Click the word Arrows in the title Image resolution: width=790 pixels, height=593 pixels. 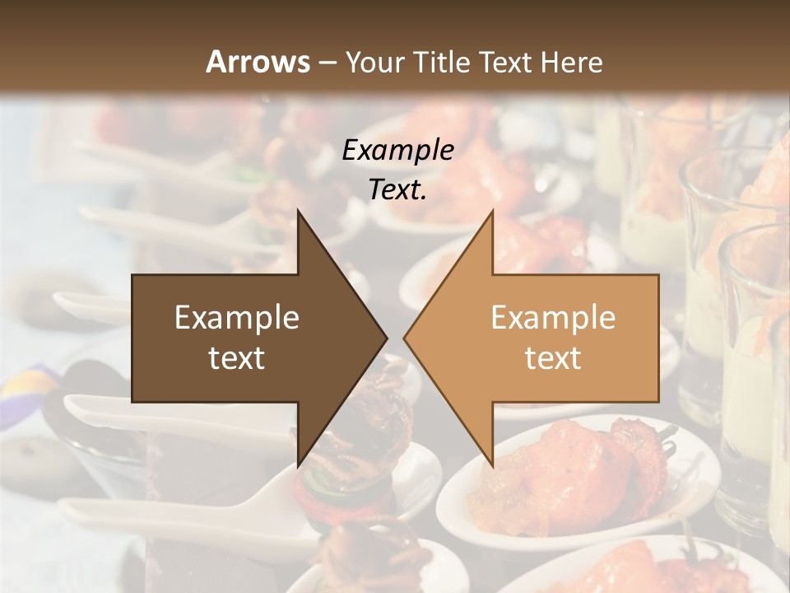pos(258,62)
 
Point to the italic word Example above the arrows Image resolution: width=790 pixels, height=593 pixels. pos(397,151)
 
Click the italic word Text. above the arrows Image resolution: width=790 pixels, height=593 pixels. pos(397,190)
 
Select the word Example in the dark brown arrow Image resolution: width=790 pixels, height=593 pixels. pos(237,318)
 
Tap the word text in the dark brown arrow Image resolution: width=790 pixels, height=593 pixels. pos(237,358)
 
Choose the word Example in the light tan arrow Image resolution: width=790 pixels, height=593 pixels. pos(553,318)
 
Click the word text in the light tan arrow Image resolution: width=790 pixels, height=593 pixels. pos(553,358)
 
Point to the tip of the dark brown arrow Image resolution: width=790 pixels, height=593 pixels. pos(386,339)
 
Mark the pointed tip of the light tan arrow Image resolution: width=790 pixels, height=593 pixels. pos(405,339)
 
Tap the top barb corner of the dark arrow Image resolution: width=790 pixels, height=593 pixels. pos(298,212)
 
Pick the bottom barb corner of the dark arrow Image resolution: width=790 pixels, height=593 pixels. pos(298,465)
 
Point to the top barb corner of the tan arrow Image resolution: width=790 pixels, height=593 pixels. pos(493,212)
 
